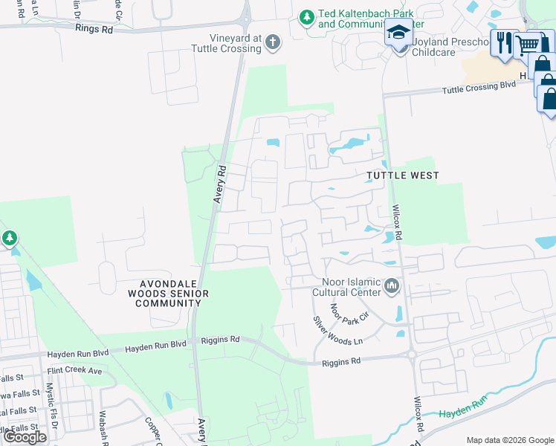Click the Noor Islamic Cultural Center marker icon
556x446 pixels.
392,287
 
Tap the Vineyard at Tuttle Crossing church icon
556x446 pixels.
273,42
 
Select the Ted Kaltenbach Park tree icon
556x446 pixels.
306,17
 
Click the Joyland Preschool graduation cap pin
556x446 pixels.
398,35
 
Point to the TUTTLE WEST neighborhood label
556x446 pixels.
402,175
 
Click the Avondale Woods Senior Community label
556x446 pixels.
175,294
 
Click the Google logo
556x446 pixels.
25,437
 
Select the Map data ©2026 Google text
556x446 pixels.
510,440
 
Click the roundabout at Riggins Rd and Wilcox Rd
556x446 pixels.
412,355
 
